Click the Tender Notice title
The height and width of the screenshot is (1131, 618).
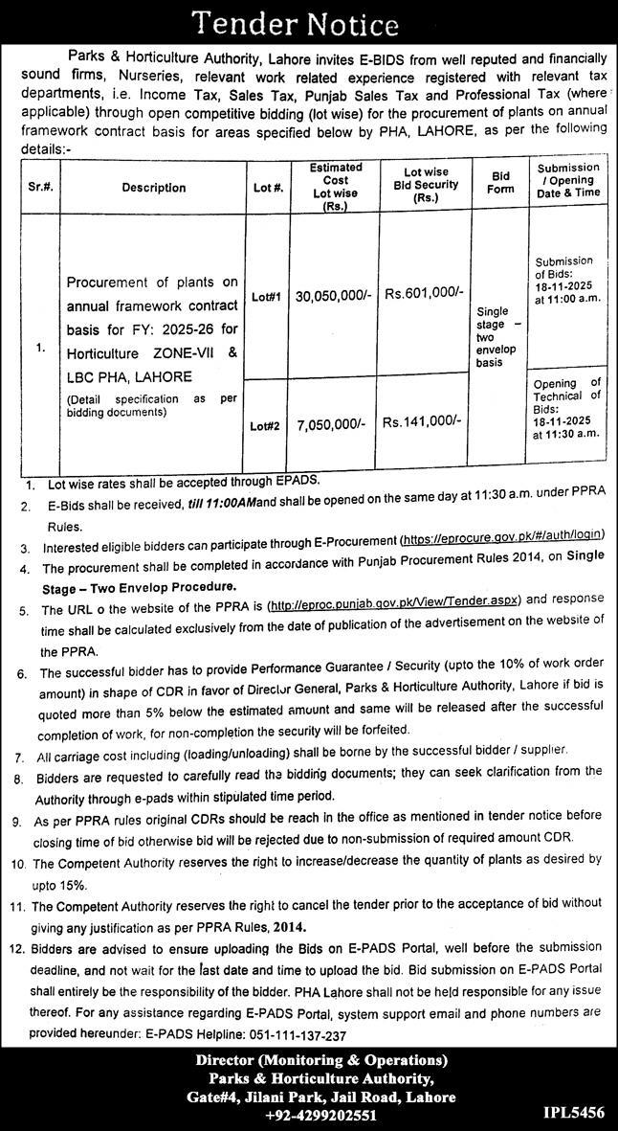pyautogui.click(x=308, y=23)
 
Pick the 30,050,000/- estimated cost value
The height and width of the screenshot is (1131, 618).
pyautogui.click(x=335, y=297)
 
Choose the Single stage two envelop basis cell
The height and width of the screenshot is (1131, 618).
pyautogui.click(x=500, y=337)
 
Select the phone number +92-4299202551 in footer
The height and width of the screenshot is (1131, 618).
pyautogui.click(x=308, y=1115)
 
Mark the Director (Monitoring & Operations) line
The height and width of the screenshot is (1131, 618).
pyautogui.click(x=308, y=1061)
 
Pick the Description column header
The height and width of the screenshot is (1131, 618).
pyautogui.click(x=153, y=187)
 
